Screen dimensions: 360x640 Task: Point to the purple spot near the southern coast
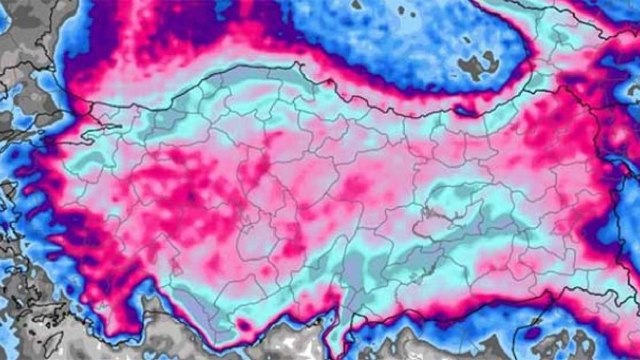click(x=245, y=324)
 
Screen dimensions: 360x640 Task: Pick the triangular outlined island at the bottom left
click(x=53, y=345)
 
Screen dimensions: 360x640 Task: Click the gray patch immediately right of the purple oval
click(x=555, y=341)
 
